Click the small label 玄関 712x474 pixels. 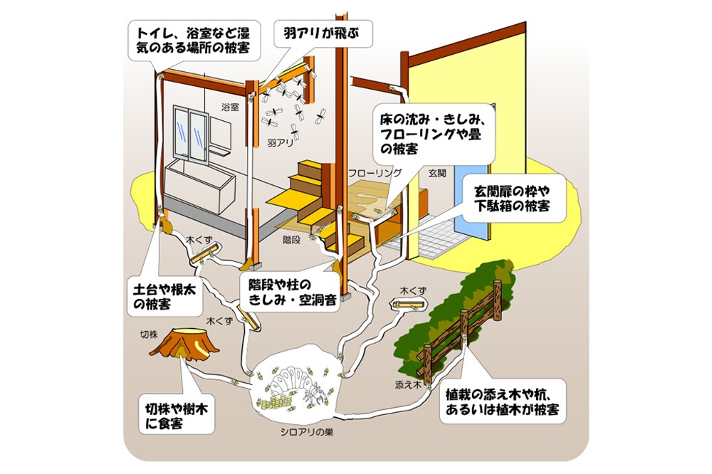[x=436, y=173]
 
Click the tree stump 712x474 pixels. [x=192, y=345]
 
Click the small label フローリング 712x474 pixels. [x=375, y=173]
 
